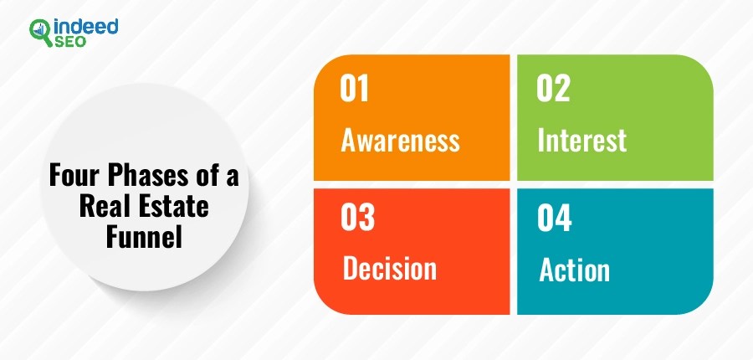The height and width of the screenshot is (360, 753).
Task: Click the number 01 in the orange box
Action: click(355, 89)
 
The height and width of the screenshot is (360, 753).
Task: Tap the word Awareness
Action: click(401, 141)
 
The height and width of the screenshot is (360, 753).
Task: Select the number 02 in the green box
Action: click(553, 89)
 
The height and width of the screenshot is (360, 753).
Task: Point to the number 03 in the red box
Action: click(357, 218)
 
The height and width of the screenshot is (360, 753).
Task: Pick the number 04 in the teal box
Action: click(555, 218)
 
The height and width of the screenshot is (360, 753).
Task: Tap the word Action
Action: click(574, 270)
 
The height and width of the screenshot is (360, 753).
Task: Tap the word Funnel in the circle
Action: click(144, 237)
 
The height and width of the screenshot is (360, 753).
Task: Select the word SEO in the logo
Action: click(70, 42)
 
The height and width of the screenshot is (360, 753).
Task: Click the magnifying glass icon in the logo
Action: click(41, 33)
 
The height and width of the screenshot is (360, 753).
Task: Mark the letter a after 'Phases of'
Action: click(233, 177)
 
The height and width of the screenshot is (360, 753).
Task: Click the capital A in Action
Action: click(546, 270)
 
